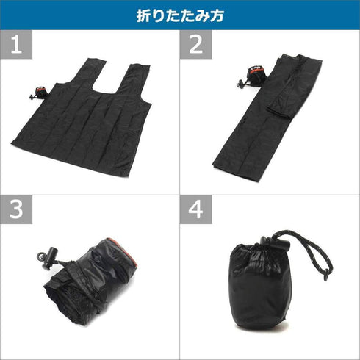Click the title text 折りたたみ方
coord(180,14)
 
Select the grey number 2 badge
coord(195,46)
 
